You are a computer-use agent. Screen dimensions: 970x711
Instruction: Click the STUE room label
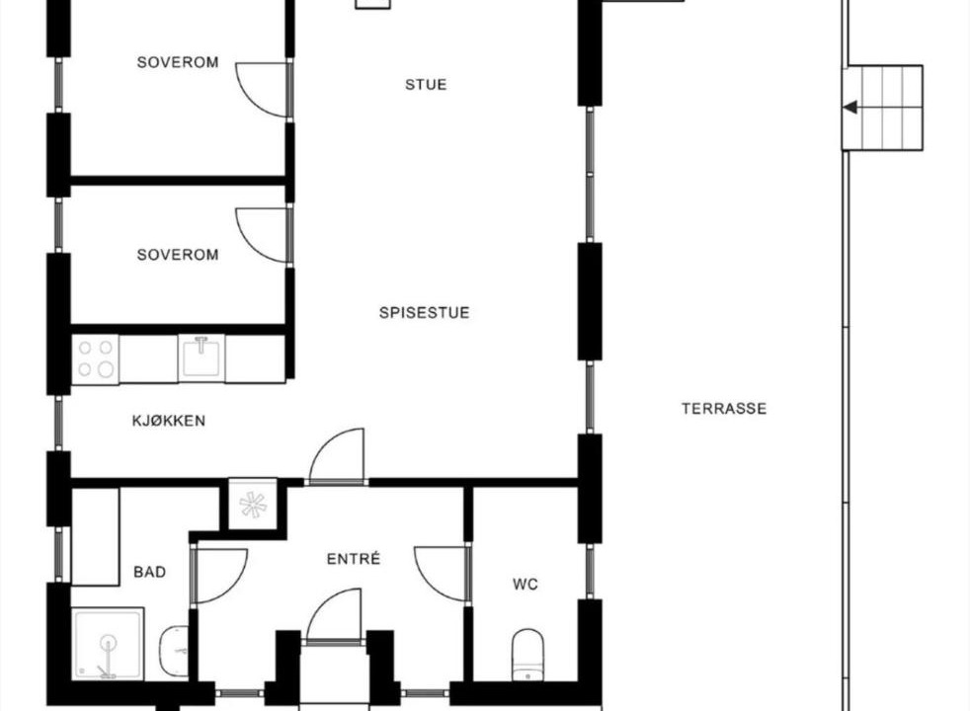coord(426,84)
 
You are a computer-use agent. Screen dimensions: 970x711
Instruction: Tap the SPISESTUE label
coord(425,312)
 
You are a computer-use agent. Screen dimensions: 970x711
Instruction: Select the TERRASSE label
coord(724,408)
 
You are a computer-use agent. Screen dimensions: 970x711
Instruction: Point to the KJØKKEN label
coord(169,421)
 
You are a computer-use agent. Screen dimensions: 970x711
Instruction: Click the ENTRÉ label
coord(354,559)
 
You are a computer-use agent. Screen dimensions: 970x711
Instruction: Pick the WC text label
coord(525,584)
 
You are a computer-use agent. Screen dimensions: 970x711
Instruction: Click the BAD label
coord(150,572)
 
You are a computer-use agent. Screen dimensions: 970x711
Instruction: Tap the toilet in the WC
coord(527,655)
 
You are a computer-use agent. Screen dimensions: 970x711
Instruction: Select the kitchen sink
coord(202,358)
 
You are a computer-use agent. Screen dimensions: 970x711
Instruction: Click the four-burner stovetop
coord(95,358)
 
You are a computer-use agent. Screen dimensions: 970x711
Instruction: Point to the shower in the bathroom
coord(109,644)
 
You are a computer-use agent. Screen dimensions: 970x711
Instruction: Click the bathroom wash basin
coord(174,651)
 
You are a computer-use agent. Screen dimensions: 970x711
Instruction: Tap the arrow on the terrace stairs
coord(850,108)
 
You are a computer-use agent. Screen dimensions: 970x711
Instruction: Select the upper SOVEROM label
coord(178,62)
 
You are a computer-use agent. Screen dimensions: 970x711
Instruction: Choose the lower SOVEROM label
coord(178,254)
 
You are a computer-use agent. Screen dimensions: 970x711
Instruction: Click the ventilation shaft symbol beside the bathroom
coord(253,505)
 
